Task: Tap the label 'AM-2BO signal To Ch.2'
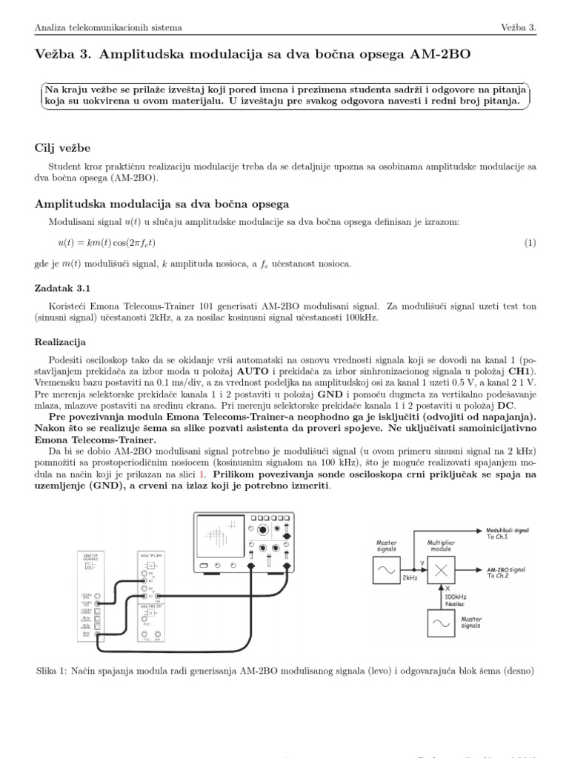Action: [x=507, y=571]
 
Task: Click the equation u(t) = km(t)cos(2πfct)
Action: [x=107, y=243]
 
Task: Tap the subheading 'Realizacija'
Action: [x=61, y=342]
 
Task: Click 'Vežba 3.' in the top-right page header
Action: [x=518, y=28]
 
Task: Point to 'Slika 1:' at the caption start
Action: [x=52, y=671]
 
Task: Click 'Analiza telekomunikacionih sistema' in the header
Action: [x=108, y=28]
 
